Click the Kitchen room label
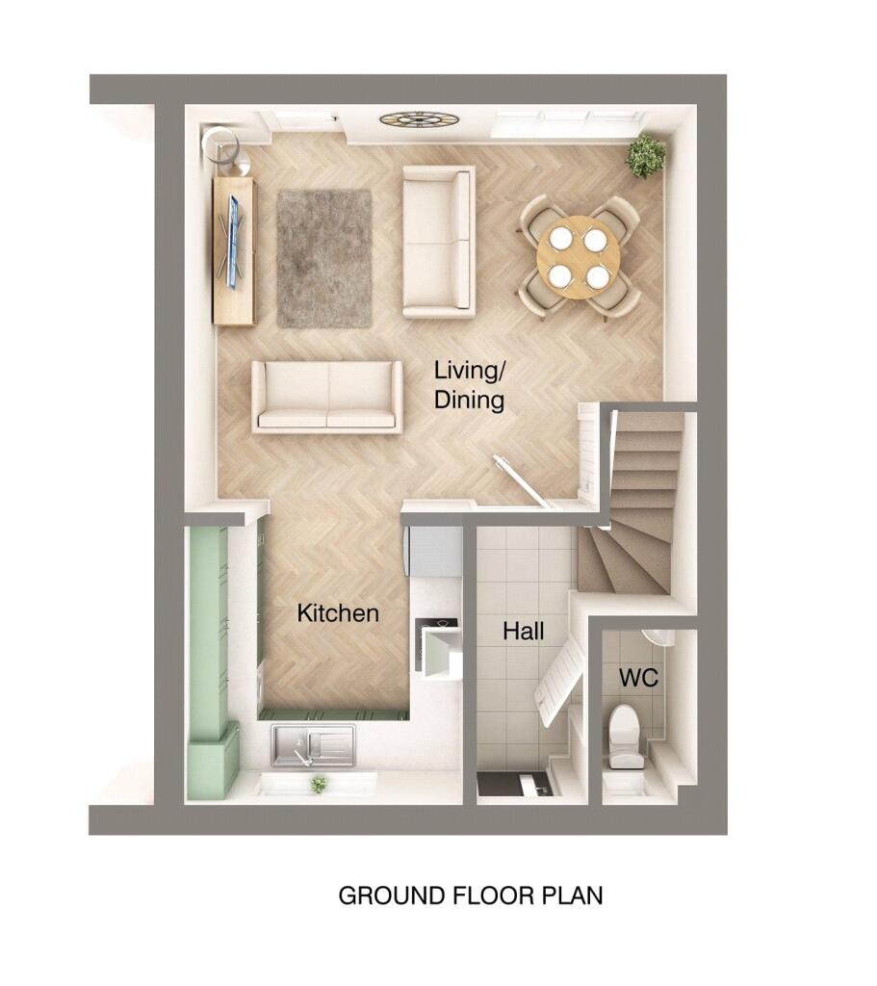[337, 612]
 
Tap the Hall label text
[523, 632]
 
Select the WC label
[637, 678]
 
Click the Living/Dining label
[469, 384]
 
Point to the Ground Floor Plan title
[470, 895]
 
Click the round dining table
[578, 257]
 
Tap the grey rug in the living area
[323, 258]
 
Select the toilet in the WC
[625, 736]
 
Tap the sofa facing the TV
[438, 242]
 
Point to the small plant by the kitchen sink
[318, 785]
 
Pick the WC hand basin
[658, 637]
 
